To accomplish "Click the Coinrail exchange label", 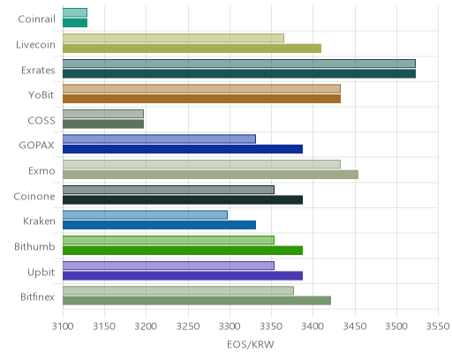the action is (x=36, y=19).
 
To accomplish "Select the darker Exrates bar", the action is (x=239, y=74).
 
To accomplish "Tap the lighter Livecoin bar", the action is (x=173, y=38).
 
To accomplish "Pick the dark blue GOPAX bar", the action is (x=183, y=149).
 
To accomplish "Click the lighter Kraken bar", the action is (x=145, y=215).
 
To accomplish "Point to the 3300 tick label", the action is (x=230, y=326).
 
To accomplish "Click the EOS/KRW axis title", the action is (x=251, y=344).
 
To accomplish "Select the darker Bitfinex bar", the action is (x=197, y=301).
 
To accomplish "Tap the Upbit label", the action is (x=41, y=273).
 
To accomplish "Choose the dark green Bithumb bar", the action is (x=183, y=251).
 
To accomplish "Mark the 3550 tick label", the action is (x=438, y=326).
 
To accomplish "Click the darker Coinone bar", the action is (x=183, y=200).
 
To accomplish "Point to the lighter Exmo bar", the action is (x=201, y=164).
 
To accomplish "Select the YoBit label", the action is (x=41, y=95).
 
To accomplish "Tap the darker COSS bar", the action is (x=103, y=124).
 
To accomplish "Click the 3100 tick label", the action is (x=63, y=326).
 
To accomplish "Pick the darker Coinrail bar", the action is (x=75, y=23).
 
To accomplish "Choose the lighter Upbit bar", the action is (x=169, y=266).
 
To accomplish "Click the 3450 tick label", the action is (x=355, y=326).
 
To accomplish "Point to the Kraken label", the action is (x=39, y=221).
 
